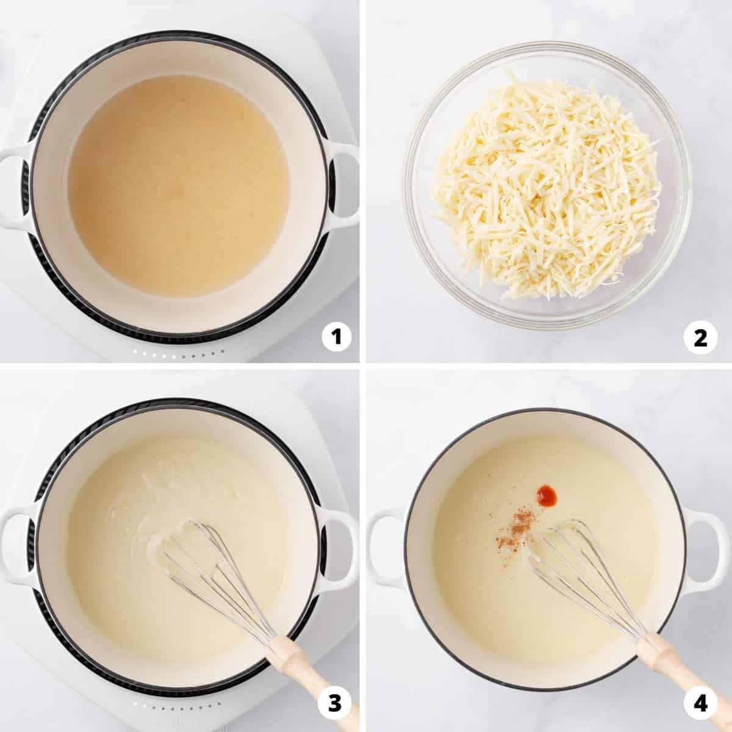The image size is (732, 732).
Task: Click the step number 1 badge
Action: [x=337, y=336]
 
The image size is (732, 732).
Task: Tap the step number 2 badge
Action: [x=701, y=336]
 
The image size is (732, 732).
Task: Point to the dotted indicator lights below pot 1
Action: [x=177, y=353]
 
